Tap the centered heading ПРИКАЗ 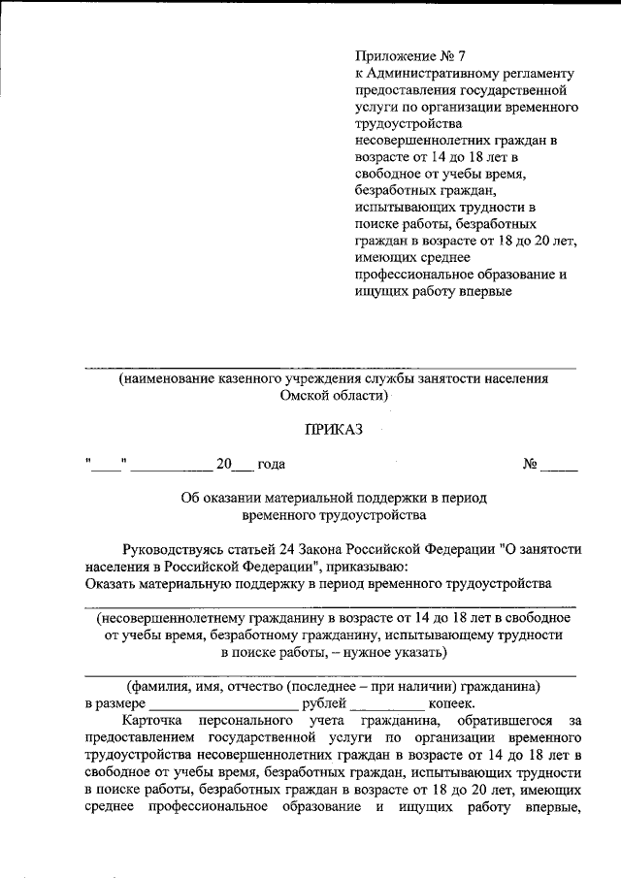[333, 430]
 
